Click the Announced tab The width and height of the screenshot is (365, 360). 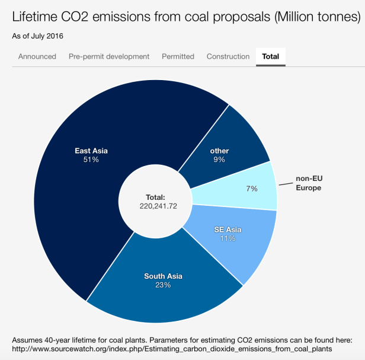(x=37, y=56)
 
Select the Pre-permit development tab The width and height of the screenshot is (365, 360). (x=109, y=56)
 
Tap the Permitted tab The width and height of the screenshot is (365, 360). (x=178, y=56)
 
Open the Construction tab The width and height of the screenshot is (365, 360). (x=228, y=56)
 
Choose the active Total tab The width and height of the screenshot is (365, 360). (x=271, y=56)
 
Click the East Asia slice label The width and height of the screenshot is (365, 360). (x=91, y=151)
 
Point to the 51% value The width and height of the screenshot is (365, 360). (x=91, y=160)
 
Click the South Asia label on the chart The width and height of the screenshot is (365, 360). (x=163, y=276)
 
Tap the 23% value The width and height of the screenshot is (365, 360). (x=163, y=285)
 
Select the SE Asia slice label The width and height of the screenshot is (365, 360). (x=228, y=230)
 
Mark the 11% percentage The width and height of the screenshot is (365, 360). (x=228, y=238)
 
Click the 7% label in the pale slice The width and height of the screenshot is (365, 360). (x=252, y=189)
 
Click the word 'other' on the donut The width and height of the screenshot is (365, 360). (x=219, y=151)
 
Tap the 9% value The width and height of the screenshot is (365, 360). (x=219, y=160)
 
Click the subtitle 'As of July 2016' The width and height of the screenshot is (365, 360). (x=37, y=36)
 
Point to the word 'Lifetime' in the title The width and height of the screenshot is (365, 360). (x=39, y=17)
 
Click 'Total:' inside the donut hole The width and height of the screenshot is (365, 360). (x=155, y=197)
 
